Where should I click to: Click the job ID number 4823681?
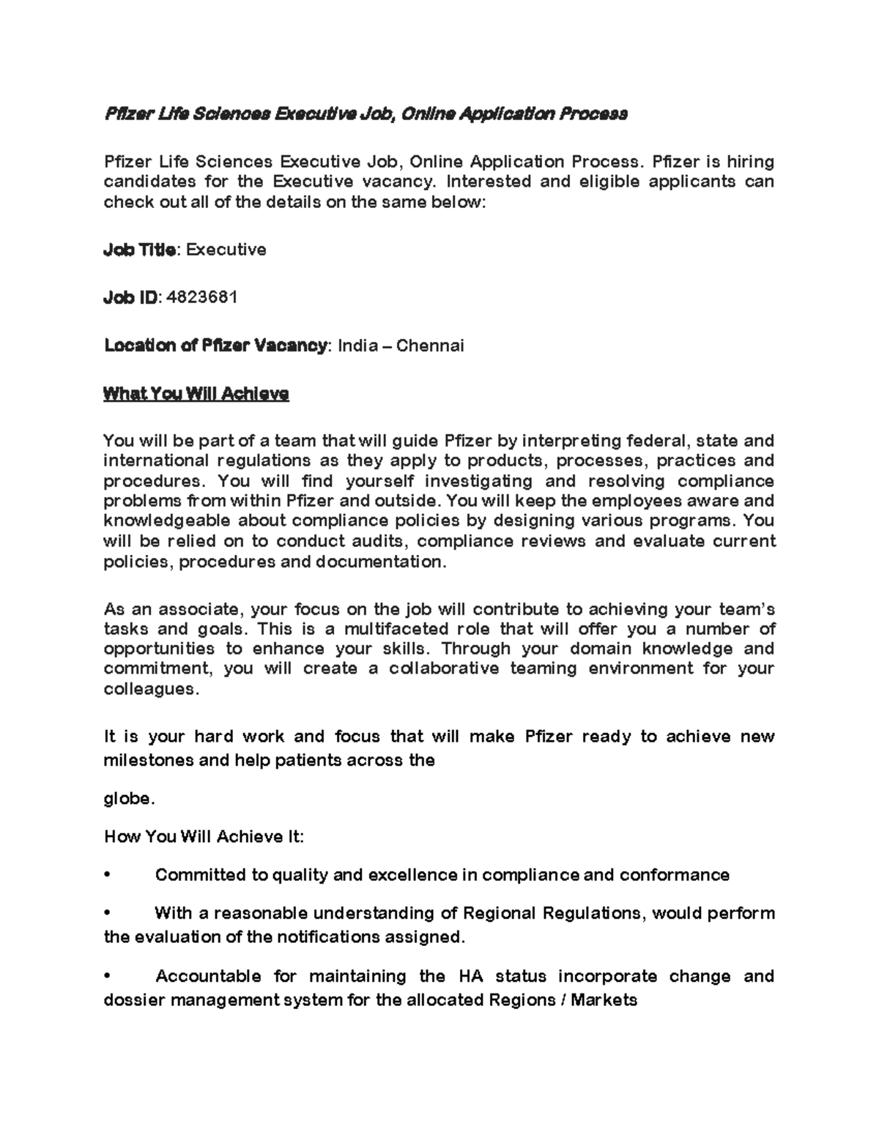(202, 297)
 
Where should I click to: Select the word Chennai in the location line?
(430, 346)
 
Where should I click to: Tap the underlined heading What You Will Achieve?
(196, 394)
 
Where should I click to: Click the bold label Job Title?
(139, 250)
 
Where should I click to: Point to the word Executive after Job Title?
(226, 250)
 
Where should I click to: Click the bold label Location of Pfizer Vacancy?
(215, 346)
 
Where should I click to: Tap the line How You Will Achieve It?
(204, 837)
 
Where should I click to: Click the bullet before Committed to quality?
(107, 876)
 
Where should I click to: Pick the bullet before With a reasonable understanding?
(107, 914)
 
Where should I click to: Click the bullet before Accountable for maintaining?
(107, 977)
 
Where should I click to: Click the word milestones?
(148, 761)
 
